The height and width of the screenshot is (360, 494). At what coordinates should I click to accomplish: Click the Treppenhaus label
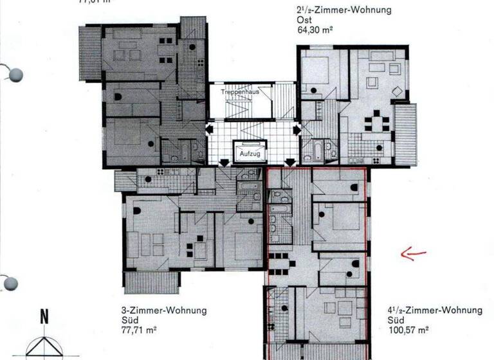pyautogui.click(x=235, y=93)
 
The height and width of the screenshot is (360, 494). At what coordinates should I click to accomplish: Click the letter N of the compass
pyautogui.click(x=44, y=316)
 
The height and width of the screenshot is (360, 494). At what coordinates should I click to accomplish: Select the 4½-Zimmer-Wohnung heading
pyautogui.click(x=435, y=310)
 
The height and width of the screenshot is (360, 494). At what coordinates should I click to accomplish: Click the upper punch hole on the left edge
pyautogui.click(x=14, y=74)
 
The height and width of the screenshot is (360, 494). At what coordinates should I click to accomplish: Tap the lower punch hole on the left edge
pyautogui.click(x=11, y=283)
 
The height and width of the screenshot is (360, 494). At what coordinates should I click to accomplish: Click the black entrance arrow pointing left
pyautogui.click(x=208, y=130)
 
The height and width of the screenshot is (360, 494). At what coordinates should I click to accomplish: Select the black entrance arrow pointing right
pyautogui.click(x=296, y=130)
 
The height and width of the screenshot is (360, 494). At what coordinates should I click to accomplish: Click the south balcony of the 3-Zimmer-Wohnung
pyautogui.click(x=151, y=282)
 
